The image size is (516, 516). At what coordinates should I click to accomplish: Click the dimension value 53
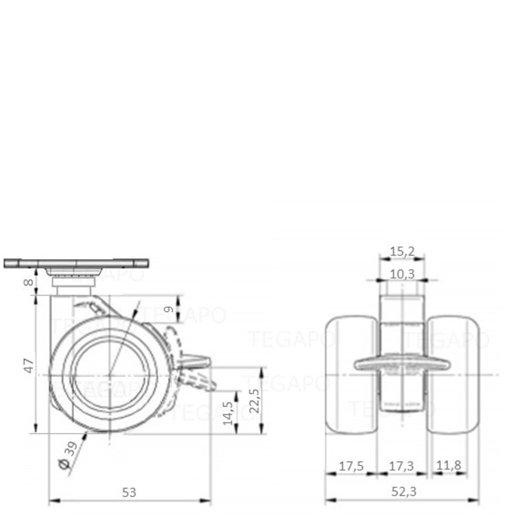point(130,492)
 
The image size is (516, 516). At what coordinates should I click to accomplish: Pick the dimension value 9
point(169,310)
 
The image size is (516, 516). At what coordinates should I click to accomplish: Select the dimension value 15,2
point(402,251)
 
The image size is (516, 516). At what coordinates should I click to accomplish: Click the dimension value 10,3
point(402,273)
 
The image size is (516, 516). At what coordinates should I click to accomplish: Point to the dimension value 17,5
point(350,466)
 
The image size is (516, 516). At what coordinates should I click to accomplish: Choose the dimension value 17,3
point(402,466)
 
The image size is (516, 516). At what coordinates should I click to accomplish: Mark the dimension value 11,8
point(448,466)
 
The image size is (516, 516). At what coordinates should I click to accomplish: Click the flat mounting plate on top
point(76,263)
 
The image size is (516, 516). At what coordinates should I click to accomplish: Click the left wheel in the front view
point(351,375)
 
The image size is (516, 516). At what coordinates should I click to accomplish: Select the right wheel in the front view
point(454,375)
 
